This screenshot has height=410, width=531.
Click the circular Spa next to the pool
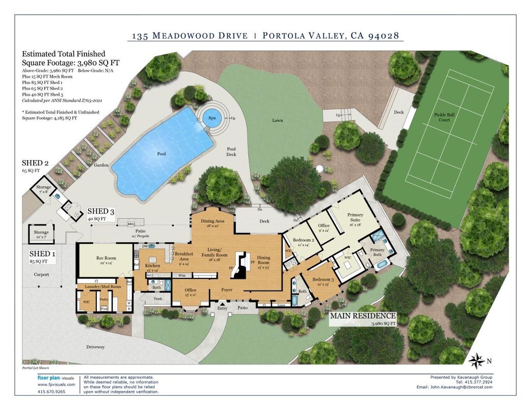point(212,117)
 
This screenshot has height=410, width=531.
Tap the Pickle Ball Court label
point(444,118)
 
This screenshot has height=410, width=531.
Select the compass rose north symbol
point(476,361)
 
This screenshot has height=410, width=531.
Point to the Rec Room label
point(107,258)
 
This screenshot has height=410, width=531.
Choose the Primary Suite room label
point(355,218)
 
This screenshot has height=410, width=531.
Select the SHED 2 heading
point(35,163)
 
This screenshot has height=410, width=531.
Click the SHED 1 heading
point(39,254)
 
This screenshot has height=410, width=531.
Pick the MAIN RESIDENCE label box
point(363,319)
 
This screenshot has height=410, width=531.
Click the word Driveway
point(95,347)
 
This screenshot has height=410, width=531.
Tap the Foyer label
point(226,290)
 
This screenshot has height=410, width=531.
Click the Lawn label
point(277,120)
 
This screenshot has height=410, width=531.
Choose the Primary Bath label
point(377,252)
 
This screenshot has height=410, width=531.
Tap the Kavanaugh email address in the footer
point(461,387)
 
